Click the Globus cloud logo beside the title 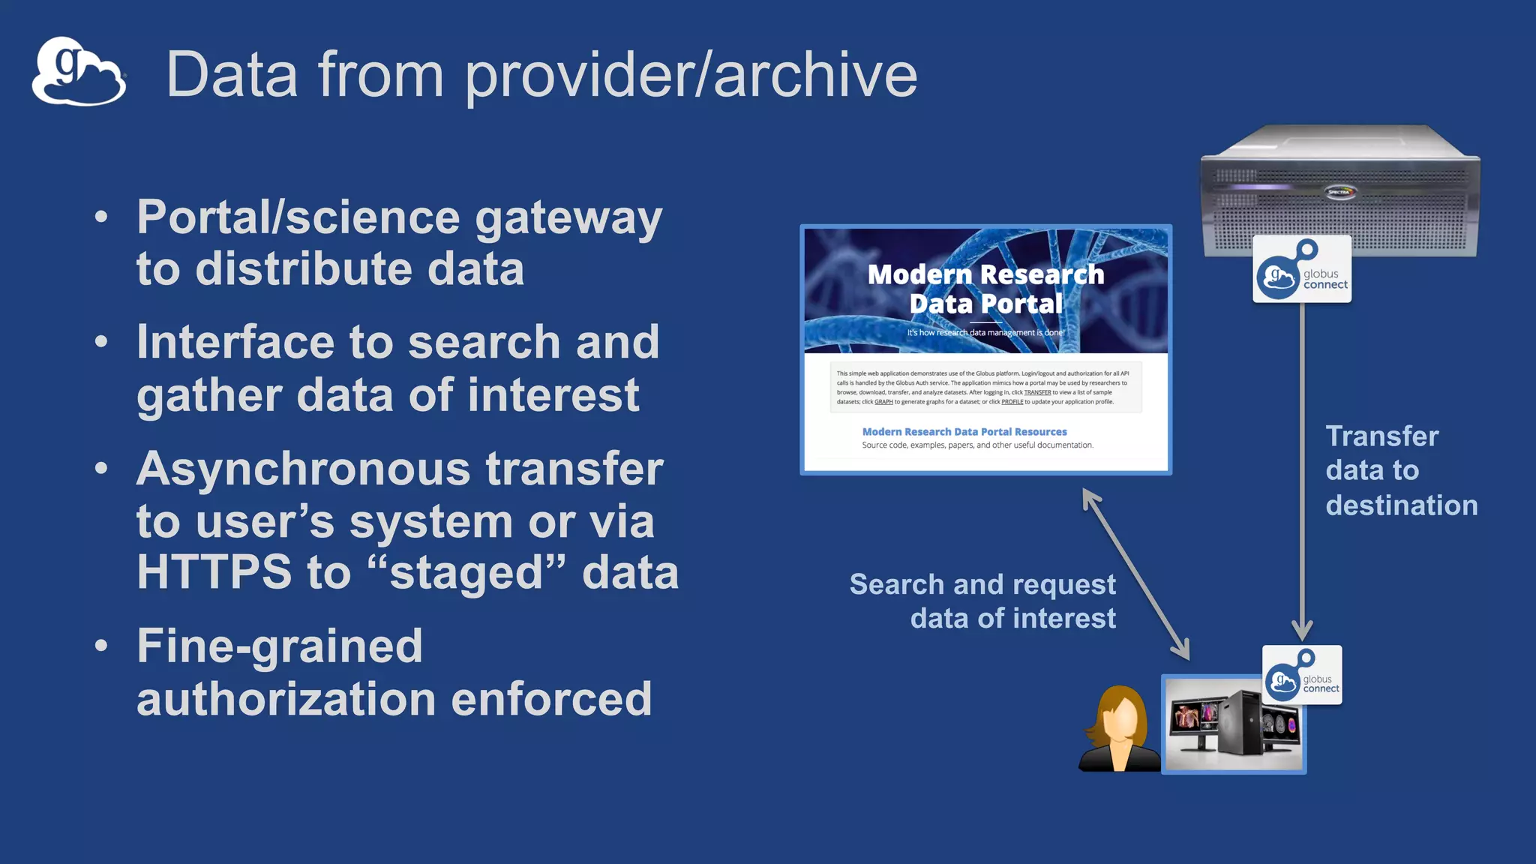pos(78,72)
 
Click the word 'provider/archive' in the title pos(691,75)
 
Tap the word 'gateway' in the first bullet pos(568,219)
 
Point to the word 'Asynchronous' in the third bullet pos(303,469)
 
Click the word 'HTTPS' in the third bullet pos(214,572)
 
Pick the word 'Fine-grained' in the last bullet pos(280,646)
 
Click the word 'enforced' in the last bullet pos(551,699)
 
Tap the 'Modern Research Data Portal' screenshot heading pos(985,289)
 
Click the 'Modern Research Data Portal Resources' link pos(964,432)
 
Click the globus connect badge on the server pos(1302,269)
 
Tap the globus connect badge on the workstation pos(1302,675)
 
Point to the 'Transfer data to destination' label pos(1401,471)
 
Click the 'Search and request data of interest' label pos(982,601)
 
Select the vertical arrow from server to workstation pos(1302,472)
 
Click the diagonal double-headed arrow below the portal pos(1135,574)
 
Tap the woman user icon pos(1118,729)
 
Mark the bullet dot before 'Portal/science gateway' pos(101,217)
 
